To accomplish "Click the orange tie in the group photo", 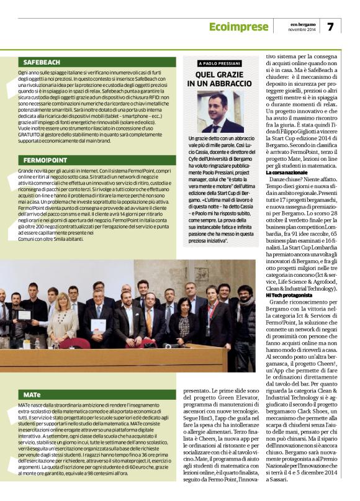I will click(x=148, y=321).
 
